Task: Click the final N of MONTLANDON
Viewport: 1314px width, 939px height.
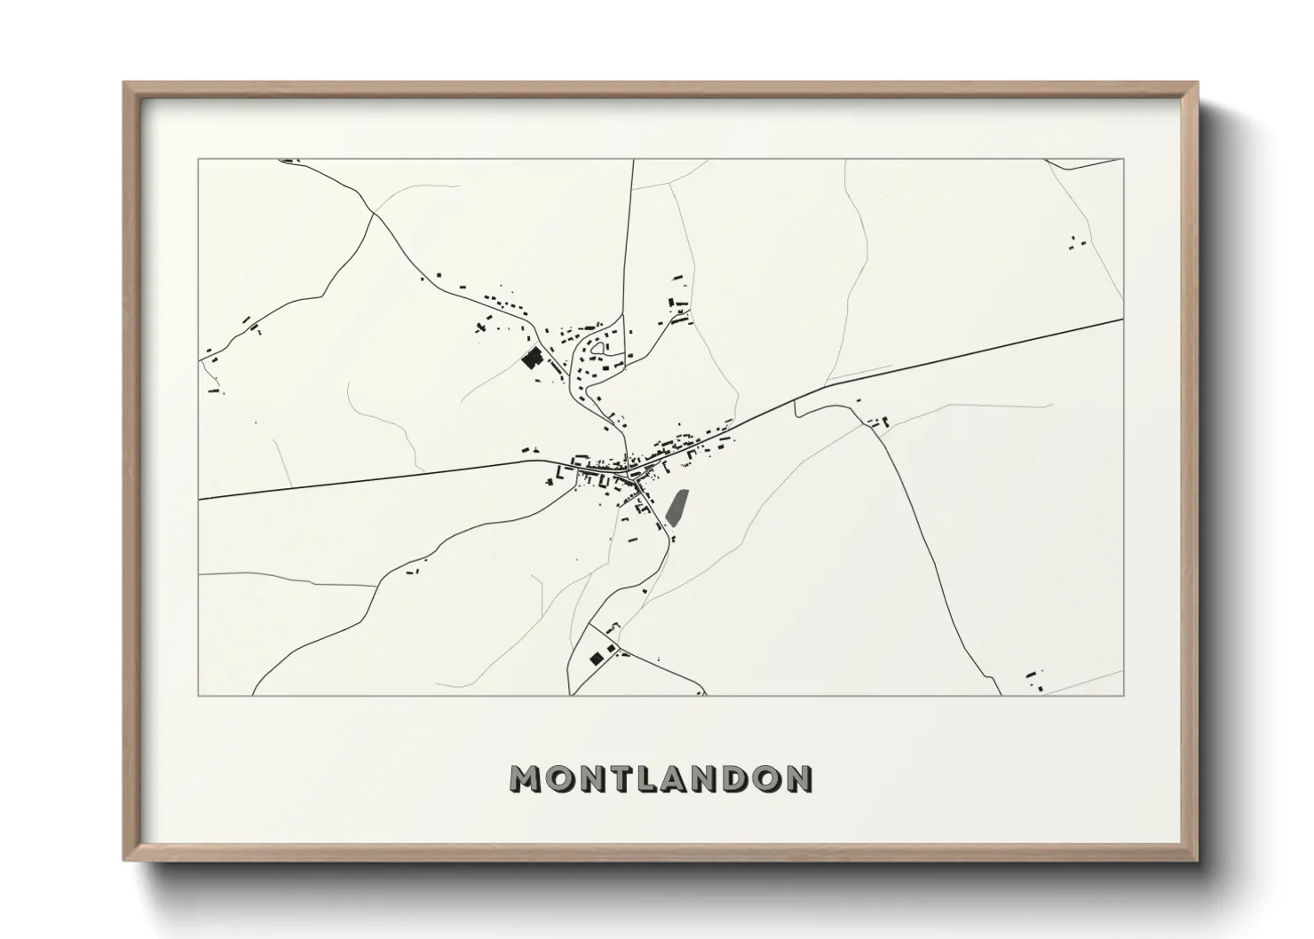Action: tap(799, 779)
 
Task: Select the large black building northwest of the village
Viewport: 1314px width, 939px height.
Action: tap(532, 359)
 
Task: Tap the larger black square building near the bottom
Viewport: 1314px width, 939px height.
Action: tap(595, 658)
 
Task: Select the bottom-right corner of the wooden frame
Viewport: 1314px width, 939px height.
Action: tap(1196, 858)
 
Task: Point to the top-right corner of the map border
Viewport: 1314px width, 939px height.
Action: tap(1123, 160)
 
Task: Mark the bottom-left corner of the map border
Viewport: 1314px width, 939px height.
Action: tap(199, 695)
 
